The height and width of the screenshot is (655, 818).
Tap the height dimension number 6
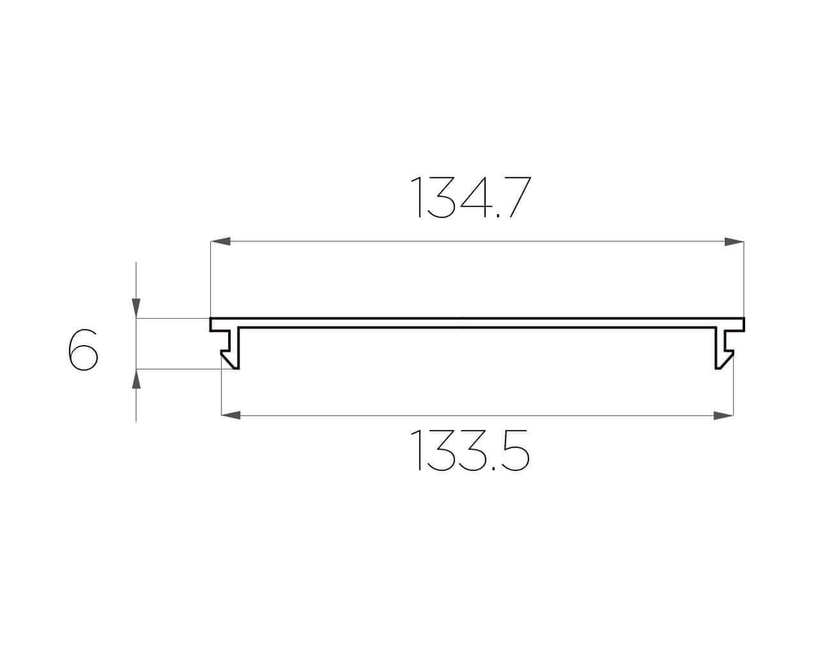click(83, 351)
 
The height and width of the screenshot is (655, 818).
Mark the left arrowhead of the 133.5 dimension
click(231, 415)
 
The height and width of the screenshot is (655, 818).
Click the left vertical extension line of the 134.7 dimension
click(211, 278)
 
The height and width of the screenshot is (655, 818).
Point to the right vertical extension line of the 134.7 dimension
click(744, 278)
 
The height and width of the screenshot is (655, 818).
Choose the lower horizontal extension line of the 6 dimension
click(180, 369)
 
